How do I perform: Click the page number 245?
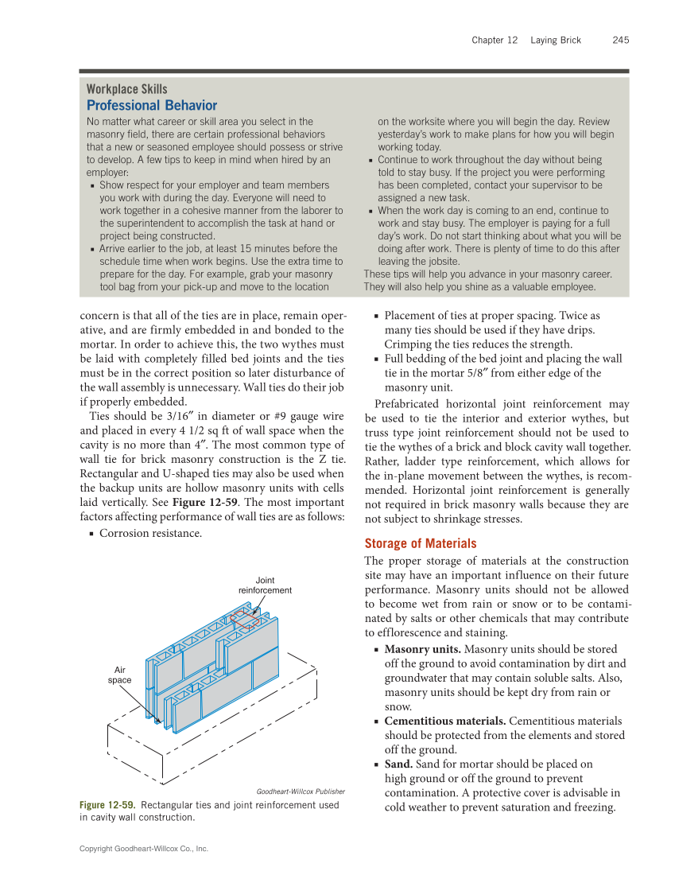[621, 40]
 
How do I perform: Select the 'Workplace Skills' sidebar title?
[126, 89]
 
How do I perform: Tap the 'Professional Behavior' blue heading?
[151, 105]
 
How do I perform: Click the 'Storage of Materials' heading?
[421, 543]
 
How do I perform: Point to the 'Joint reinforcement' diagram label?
[265, 585]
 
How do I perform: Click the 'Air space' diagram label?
[120, 675]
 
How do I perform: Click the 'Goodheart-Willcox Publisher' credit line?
[301, 791]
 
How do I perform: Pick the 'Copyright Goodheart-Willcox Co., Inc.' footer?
[144, 849]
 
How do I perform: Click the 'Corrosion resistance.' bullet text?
[150, 532]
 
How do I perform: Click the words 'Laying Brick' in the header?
[556, 40]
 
